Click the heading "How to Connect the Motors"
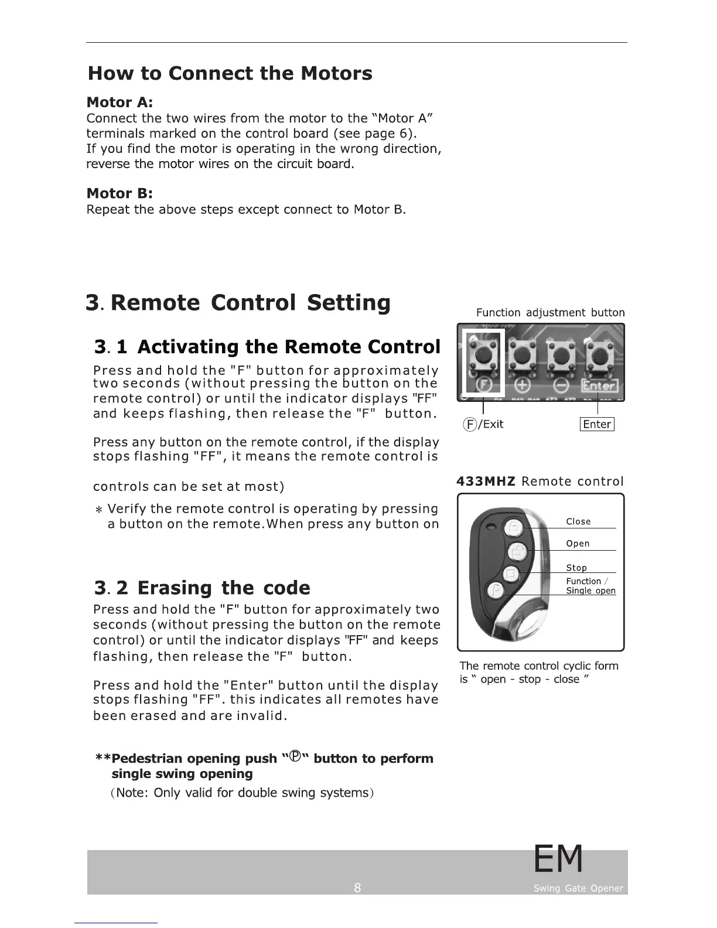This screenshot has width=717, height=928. [x=230, y=74]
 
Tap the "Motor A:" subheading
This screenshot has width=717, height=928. [x=119, y=103]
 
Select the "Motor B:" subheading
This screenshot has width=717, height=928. [x=119, y=193]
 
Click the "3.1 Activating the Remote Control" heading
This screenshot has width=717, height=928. [x=267, y=347]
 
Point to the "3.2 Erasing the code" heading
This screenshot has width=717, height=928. [x=202, y=588]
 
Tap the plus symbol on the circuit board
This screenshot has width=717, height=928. [x=522, y=385]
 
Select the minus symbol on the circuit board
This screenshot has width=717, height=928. [x=560, y=385]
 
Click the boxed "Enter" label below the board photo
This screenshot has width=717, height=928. [x=597, y=424]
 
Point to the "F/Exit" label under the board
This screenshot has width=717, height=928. [x=484, y=424]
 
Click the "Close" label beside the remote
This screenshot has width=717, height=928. [x=578, y=521]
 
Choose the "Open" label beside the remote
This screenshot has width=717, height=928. [x=578, y=544]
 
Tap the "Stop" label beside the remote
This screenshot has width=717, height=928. [x=576, y=568]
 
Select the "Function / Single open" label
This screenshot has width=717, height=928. [x=590, y=586]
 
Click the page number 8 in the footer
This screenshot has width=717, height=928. [x=357, y=888]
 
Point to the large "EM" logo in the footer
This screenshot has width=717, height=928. [x=558, y=859]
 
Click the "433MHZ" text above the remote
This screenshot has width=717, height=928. [x=486, y=482]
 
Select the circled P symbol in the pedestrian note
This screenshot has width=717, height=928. [x=295, y=758]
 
